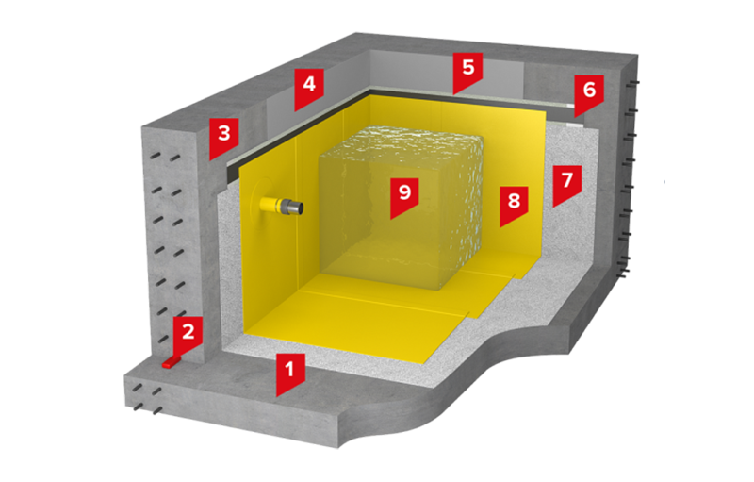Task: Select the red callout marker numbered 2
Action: [188, 334]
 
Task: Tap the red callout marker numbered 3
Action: [223, 136]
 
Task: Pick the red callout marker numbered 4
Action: [309, 87]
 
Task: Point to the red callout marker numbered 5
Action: [467, 71]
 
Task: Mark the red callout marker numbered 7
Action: [567, 183]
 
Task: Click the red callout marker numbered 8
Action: [514, 204]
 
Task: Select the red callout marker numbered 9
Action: [404, 196]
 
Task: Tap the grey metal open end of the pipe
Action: [294, 208]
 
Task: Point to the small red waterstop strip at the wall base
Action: [172, 362]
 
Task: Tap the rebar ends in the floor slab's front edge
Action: [148, 399]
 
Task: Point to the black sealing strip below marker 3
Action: [298, 130]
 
